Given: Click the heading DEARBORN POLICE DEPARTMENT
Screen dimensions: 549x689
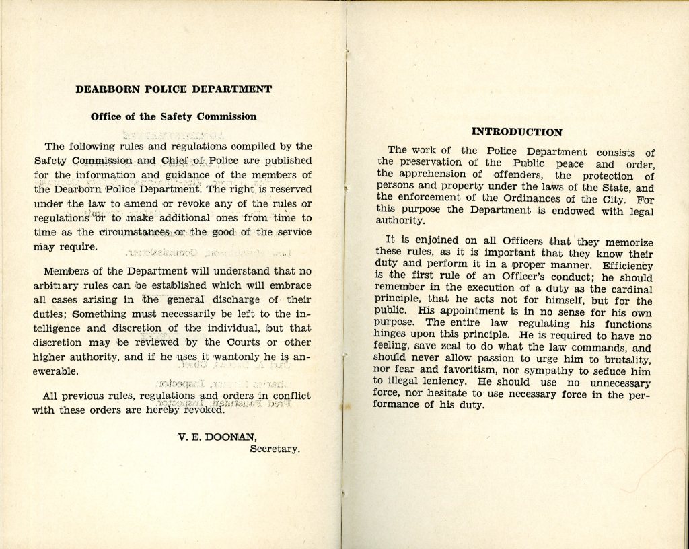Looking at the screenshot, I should click(x=174, y=89).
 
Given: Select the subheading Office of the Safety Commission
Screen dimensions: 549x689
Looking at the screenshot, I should click(x=174, y=116).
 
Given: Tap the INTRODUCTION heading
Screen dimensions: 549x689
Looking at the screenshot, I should click(x=517, y=132).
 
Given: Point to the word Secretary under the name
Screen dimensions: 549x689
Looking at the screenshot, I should click(x=275, y=449).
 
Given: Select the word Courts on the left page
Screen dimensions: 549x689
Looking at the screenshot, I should click(x=239, y=342).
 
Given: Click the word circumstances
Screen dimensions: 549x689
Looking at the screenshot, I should click(x=134, y=232).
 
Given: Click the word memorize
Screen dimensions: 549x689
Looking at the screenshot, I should click(x=628, y=242).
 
